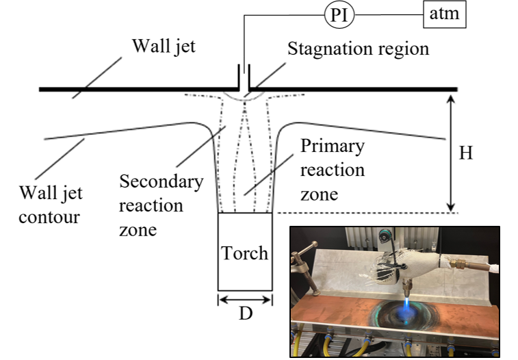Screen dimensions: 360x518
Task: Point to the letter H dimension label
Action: click(x=465, y=153)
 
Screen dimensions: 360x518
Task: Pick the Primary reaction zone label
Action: click(x=333, y=170)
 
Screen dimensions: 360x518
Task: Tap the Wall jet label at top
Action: click(x=164, y=47)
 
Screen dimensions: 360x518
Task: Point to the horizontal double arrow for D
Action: click(x=245, y=299)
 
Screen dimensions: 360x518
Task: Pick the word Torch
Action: click(x=245, y=253)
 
